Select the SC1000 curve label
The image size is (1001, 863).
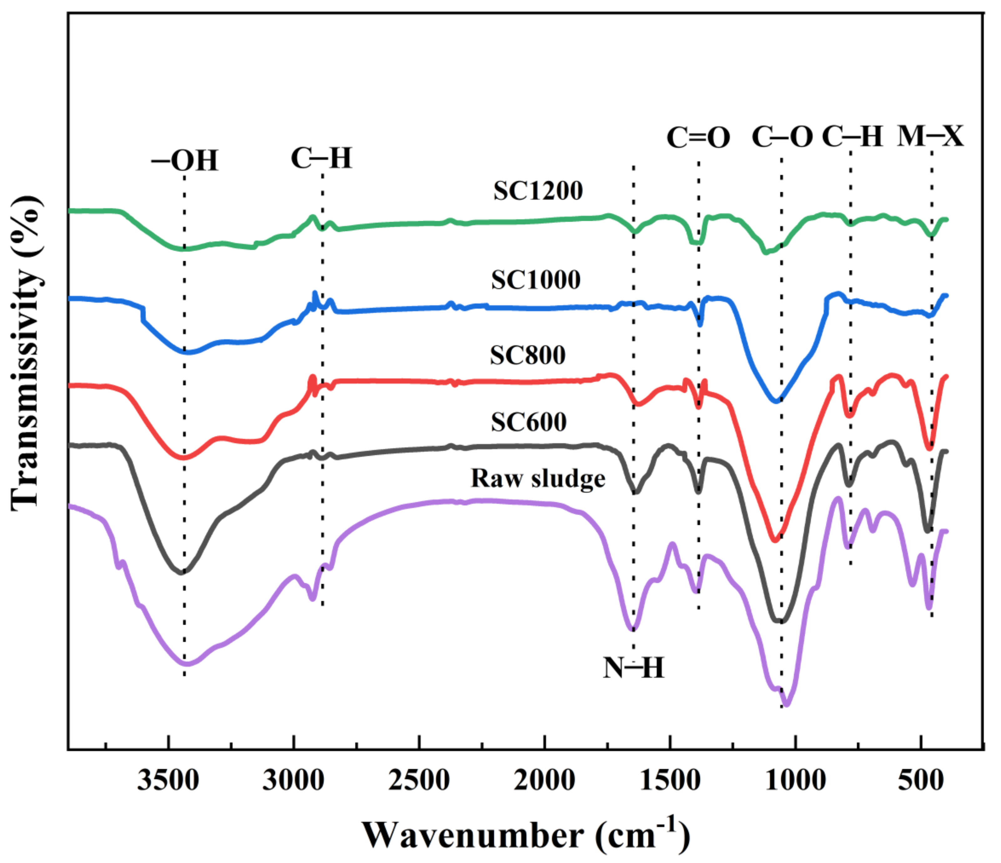tap(536, 280)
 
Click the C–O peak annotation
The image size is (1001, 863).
tap(782, 138)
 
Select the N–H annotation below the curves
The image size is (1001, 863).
tap(633, 668)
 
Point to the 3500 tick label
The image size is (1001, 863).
tap(168, 780)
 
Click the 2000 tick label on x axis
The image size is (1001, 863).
tap(544, 780)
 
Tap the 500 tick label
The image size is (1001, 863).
tap(921, 780)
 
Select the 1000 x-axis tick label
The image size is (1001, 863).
tap(796, 780)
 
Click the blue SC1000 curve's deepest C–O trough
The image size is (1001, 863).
tap(776, 401)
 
